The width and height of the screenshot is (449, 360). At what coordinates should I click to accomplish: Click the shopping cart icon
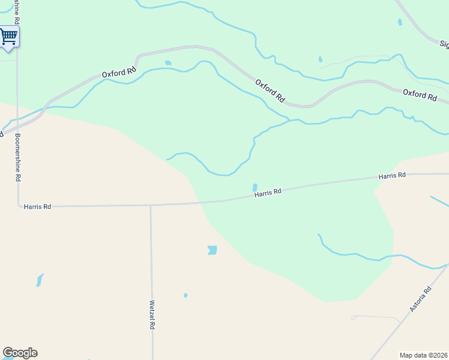pyautogui.click(x=8, y=36)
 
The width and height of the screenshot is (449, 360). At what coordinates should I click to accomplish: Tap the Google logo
pyautogui.click(x=20, y=353)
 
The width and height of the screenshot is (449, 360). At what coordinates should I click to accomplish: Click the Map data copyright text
pyautogui.click(x=424, y=355)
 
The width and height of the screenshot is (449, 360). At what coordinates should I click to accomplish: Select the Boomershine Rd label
pyautogui.click(x=18, y=157)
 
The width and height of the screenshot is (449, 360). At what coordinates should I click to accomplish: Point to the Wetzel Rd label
pyautogui.click(x=152, y=315)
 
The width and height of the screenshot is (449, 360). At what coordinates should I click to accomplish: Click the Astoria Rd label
pyautogui.click(x=421, y=300)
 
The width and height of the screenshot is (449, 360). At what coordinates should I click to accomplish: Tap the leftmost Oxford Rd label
pyautogui.click(x=119, y=73)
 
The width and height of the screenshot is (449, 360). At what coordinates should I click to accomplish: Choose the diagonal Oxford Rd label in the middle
pyautogui.click(x=270, y=90)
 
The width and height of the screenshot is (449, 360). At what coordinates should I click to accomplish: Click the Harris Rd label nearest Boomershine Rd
pyautogui.click(x=37, y=206)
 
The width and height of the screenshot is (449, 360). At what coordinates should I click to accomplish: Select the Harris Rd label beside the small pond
pyautogui.click(x=268, y=193)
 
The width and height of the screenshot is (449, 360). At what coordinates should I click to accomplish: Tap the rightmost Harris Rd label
pyautogui.click(x=392, y=176)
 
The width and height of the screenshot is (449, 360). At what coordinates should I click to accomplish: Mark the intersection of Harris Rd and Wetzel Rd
pyautogui.click(x=151, y=205)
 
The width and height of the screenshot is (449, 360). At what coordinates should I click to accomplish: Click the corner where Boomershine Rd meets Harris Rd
pyautogui.click(x=18, y=205)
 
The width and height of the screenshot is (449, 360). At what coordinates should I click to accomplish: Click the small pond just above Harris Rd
pyautogui.click(x=255, y=187)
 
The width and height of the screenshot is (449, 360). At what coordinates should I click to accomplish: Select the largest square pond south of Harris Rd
pyautogui.click(x=212, y=250)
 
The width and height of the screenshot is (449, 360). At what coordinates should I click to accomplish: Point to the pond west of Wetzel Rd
pyautogui.click(x=40, y=280)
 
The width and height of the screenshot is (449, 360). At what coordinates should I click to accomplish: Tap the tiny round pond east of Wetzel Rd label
pyautogui.click(x=185, y=295)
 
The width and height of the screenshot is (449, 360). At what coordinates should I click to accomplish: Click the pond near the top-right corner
pyautogui.click(x=400, y=22)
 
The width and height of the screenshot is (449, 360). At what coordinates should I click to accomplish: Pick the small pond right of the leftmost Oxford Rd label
pyautogui.click(x=168, y=62)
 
